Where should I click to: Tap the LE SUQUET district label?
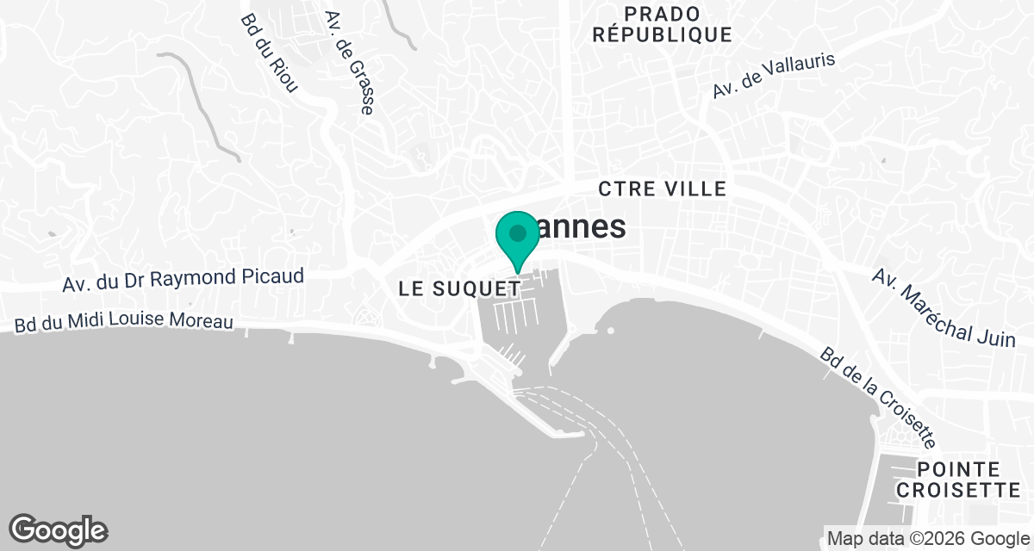click(x=459, y=290)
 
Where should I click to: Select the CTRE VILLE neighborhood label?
click(x=663, y=189)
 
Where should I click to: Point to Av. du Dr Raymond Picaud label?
click(x=184, y=280)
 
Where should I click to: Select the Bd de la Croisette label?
click(x=877, y=398)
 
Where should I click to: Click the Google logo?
click(x=58, y=529)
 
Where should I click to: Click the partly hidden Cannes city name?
click(x=579, y=228)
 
